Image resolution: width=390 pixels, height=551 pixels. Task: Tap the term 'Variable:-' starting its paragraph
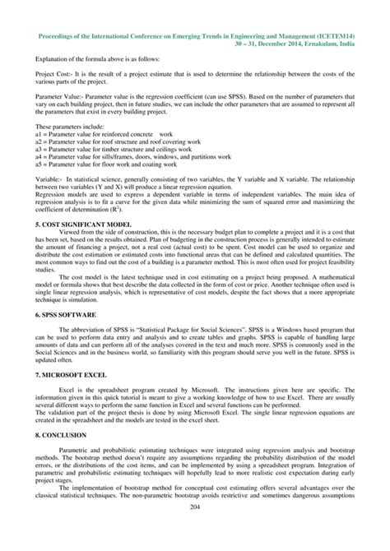tap(49, 179)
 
